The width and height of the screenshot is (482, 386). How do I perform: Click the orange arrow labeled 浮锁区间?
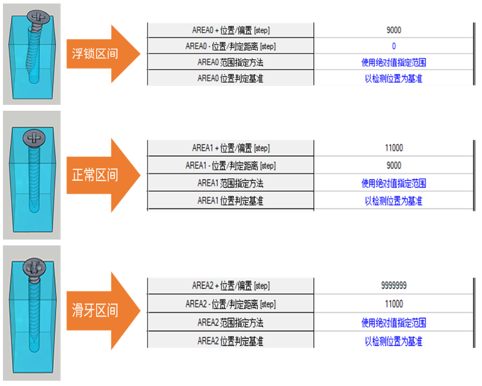click(x=100, y=54)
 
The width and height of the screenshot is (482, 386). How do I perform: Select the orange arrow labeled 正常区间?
click(x=100, y=175)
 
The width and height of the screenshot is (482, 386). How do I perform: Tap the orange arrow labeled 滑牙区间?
click(x=100, y=310)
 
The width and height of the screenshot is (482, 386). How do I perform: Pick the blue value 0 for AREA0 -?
click(x=393, y=46)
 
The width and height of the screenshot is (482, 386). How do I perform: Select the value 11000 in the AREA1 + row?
click(x=394, y=148)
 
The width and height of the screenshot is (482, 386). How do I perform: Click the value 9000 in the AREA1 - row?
click(x=394, y=166)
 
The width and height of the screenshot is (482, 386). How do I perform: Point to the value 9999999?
click(x=394, y=286)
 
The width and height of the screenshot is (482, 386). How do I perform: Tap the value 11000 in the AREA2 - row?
click(x=394, y=305)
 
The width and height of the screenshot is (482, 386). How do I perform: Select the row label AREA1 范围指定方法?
click(x=230, y=183)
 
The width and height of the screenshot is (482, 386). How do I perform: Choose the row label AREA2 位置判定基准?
click(x=230, y=341)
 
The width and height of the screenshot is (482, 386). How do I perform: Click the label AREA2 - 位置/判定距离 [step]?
click(x=230, y=305)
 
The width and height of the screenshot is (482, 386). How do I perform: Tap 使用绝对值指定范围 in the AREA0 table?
click(x=393, y=62)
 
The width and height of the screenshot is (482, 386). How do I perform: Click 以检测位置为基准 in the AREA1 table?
click(x=393, y=201)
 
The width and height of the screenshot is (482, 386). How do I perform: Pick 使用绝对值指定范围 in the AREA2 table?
click(x=393, y=323)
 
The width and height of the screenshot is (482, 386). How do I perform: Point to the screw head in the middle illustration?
click(x=35, y=138)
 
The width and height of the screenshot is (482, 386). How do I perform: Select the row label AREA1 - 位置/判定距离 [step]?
click(x=230, y=166)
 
